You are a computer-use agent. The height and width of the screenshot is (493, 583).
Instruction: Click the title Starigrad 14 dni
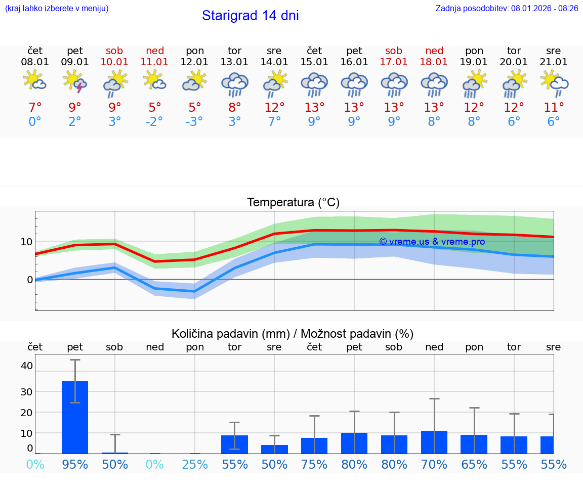click(x=250, y=16)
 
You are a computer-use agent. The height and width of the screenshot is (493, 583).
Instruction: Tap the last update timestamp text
click(x=507, y=8)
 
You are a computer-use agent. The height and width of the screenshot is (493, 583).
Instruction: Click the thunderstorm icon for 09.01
click(x=75, y=82)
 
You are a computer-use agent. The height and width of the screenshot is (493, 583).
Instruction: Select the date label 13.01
click(x=234, y=62)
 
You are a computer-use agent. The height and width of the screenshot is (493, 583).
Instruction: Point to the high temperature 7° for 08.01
click(x=35, y=108)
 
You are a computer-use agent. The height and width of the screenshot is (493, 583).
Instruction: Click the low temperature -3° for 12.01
click(x=194, y=122)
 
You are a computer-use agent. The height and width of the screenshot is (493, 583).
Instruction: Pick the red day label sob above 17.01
click(x=394, y=51)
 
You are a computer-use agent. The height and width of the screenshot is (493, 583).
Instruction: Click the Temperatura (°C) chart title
click(x=293, y=203)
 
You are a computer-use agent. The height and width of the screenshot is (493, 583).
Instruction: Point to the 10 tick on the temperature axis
click(x=27, y=242)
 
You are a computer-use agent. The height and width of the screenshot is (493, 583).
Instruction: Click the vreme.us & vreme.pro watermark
click(x=432, y=242)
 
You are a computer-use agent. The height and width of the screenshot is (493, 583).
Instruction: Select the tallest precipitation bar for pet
click(x=75, y=417)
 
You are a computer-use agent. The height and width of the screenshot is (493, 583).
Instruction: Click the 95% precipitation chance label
click(x=75, y=464)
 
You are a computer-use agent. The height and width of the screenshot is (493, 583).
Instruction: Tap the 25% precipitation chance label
click(x=195, y=464)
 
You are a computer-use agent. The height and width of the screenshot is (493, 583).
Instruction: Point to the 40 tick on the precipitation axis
click(x=27, y=366)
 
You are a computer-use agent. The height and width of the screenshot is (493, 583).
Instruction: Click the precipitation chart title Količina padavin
click(x=293, y=334)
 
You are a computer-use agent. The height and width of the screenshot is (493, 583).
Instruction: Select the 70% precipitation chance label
click(x=434, y=464)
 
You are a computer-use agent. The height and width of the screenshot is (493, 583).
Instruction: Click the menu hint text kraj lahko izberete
click(x=57, y=8)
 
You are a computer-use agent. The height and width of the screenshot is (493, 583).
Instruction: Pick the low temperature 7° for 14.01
click(x=274, y=122)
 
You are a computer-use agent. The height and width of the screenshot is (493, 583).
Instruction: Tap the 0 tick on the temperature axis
click(x=30, y=280)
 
